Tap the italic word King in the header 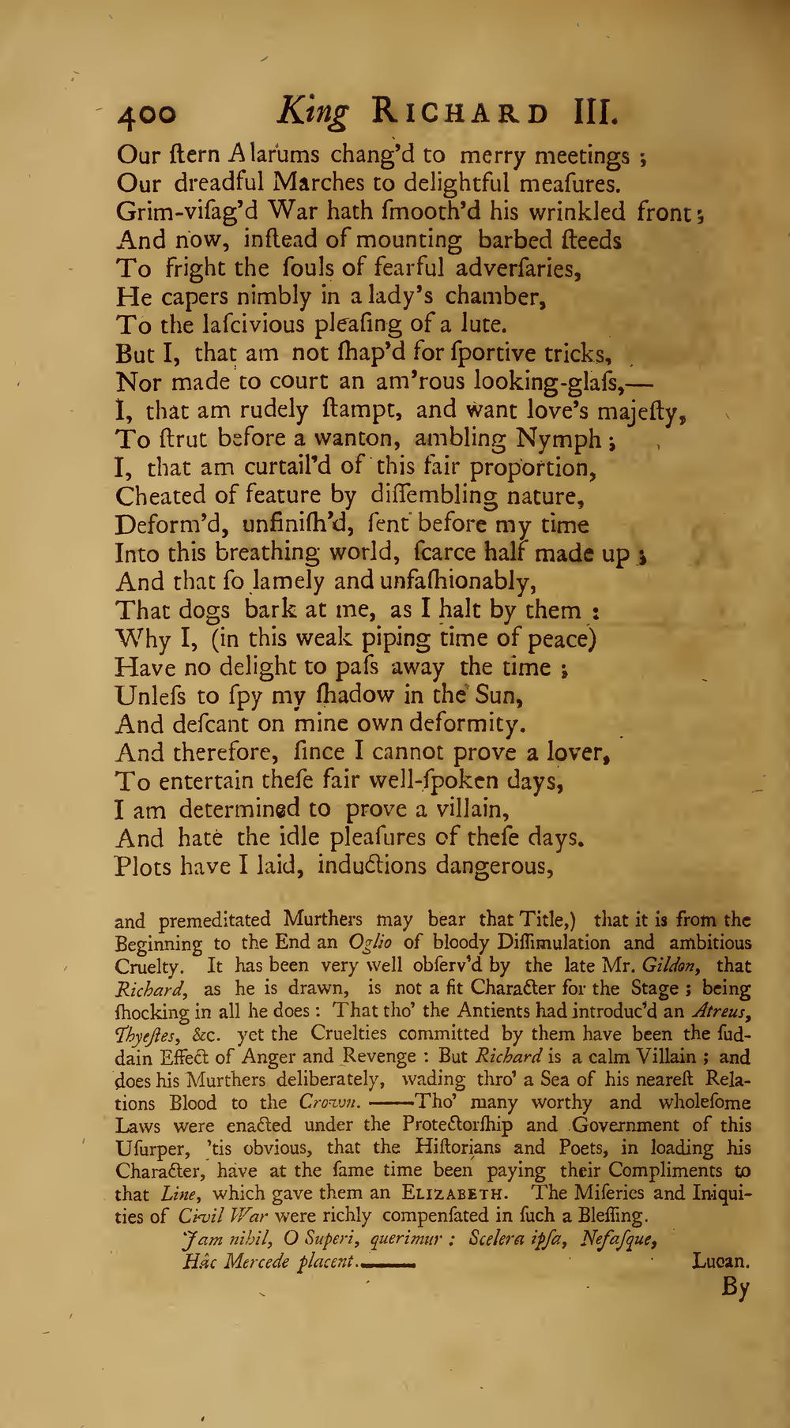(314, 114)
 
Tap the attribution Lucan (720, 1261)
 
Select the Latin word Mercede (255, 1261)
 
